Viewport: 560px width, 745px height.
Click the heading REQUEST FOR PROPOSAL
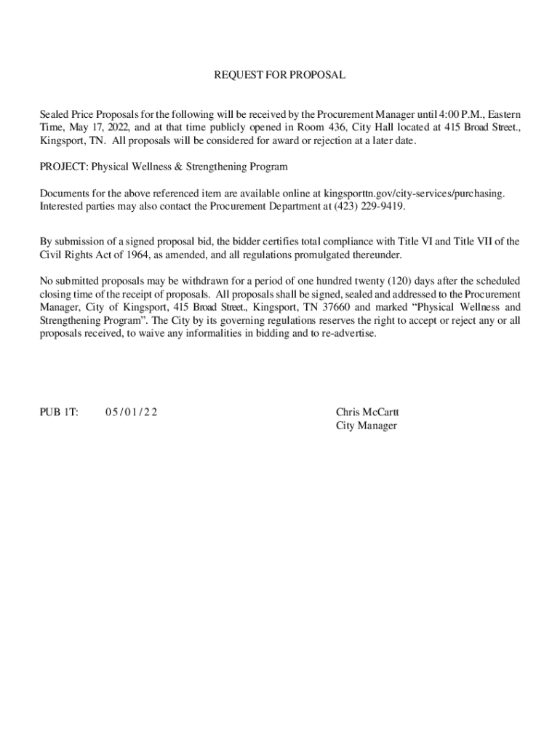click(279, 75)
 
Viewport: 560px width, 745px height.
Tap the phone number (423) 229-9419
click(369, 207)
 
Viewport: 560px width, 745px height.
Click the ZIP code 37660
click(337, 307)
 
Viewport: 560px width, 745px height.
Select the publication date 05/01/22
click(131, 413)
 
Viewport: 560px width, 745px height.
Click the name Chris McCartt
click(367, 413)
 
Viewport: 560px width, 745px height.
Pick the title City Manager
click(366, 426)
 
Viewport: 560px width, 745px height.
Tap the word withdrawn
click(204, 281)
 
